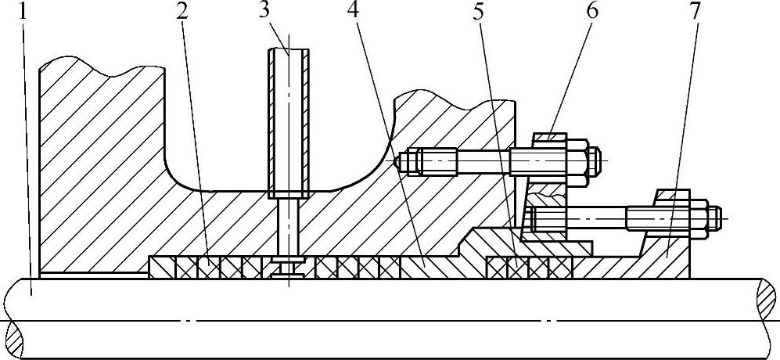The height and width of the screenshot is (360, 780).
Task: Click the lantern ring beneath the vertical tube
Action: pos(289,268)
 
